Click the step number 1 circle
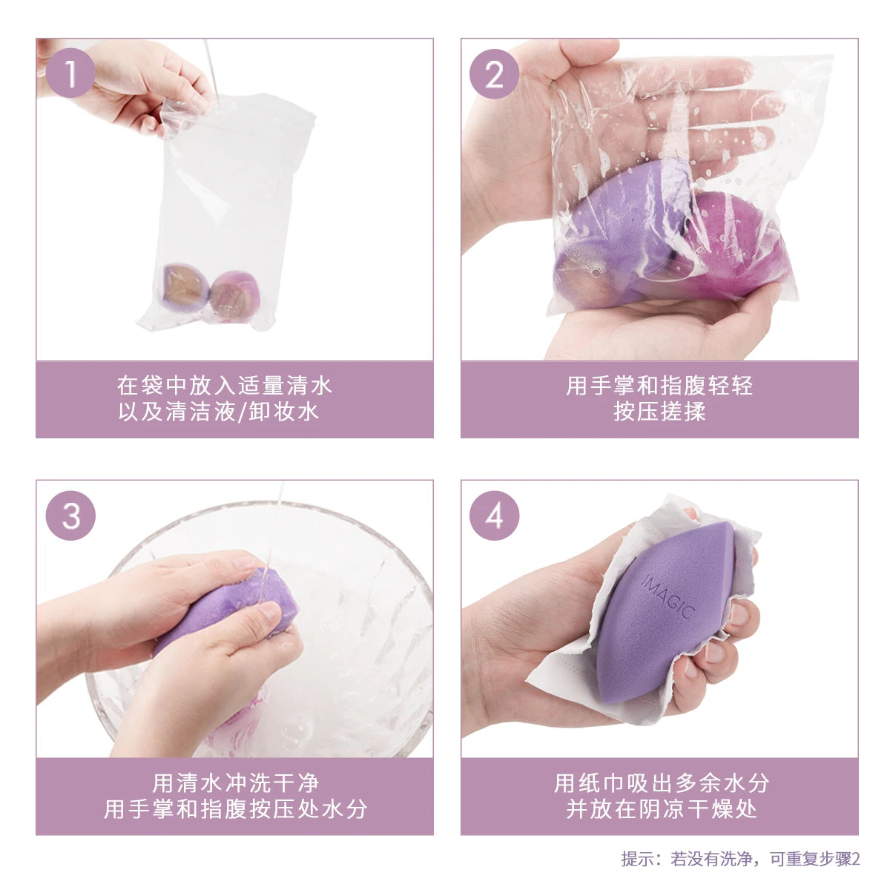(70, 74)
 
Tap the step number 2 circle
(495, 74)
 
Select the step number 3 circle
(70, 515)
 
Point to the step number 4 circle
(495, 515)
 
